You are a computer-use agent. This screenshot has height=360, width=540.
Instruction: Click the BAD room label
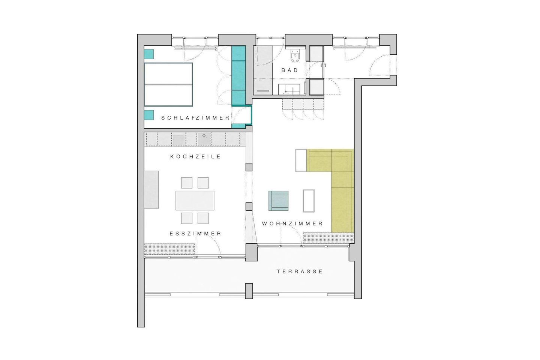coord(290,70)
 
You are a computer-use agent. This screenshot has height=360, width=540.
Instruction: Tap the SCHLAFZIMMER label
coord(195,118)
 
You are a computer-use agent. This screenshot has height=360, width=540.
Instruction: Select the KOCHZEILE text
coord(195,157)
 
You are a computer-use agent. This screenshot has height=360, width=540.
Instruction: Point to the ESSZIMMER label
coord(195,234)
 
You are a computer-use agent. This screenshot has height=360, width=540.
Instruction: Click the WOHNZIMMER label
coord(292,224)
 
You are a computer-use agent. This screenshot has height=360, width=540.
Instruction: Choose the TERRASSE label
coord(300,272)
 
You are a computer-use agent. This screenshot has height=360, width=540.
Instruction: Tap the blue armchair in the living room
coord(278,201)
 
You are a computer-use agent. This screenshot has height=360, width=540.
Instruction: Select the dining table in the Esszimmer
coord(195,201)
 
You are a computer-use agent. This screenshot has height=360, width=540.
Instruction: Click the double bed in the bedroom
coord(168,85)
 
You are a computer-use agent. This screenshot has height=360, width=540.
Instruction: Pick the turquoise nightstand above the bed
coord(149,54)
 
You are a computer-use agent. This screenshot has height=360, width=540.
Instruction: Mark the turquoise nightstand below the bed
coord(149,115)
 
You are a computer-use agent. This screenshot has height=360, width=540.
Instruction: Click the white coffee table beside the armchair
coord(309,201)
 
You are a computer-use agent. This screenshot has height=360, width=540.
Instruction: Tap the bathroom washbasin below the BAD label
coord(289,89)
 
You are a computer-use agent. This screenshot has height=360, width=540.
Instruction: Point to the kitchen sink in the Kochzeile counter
coord(204,139)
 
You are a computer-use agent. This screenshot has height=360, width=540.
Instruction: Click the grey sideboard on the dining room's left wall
coord(151,190)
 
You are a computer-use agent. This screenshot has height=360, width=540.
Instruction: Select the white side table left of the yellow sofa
coord(301,160)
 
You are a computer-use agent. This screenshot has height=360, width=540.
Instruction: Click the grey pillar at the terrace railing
coord(249,291)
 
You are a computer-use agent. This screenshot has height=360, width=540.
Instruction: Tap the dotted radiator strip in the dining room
coord(170,249)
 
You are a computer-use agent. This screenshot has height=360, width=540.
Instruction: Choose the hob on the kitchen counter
coord(178,140)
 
